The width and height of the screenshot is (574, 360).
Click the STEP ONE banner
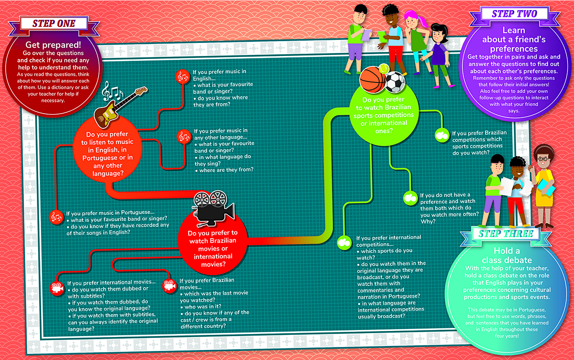[54, 23]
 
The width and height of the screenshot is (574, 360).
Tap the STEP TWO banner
[514, 14]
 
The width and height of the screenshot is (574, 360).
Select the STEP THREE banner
[505, 234]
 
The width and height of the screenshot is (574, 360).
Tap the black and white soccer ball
[395, 82]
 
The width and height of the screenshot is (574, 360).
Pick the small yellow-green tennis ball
[384, 69]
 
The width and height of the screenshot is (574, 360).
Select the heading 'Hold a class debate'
[507, 255]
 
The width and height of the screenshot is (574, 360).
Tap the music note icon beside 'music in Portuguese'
[57, 217]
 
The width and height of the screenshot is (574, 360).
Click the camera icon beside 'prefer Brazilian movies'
[169, 286]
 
